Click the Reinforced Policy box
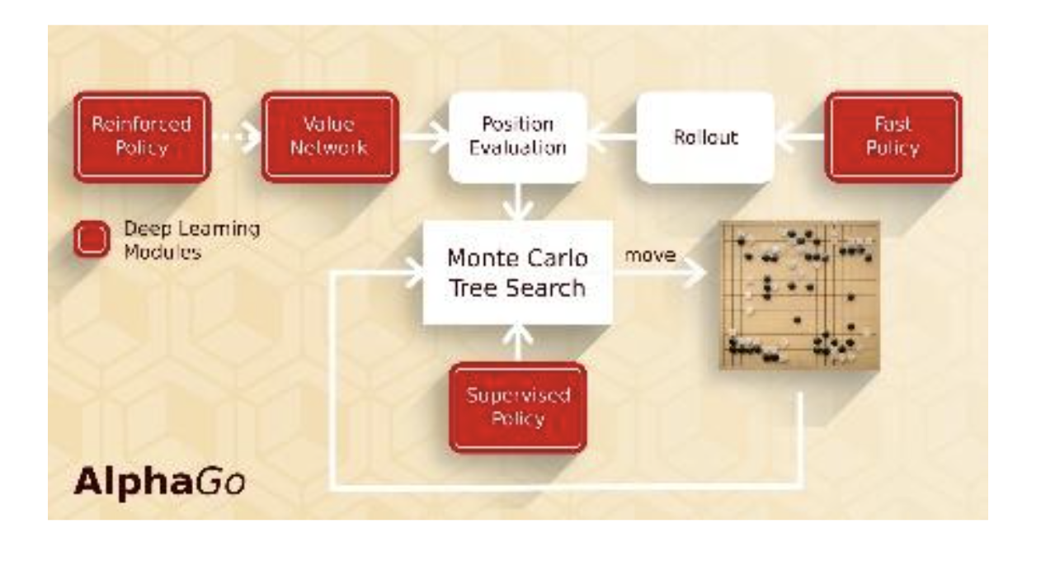pos(141,136)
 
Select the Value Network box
pos(330,136)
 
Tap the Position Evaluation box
pos(517,136)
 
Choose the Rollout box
pos(705,136)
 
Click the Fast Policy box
pos(893,136)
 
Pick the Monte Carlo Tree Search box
pos(517,272)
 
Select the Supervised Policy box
pos(517,407)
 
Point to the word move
pos(649,257)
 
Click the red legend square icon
pos(92,239)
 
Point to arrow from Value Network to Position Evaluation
pos(422,137)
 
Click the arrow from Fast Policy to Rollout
pos(799,137)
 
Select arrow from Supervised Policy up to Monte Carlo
pos(517,343)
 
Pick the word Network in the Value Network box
pos(330,148)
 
